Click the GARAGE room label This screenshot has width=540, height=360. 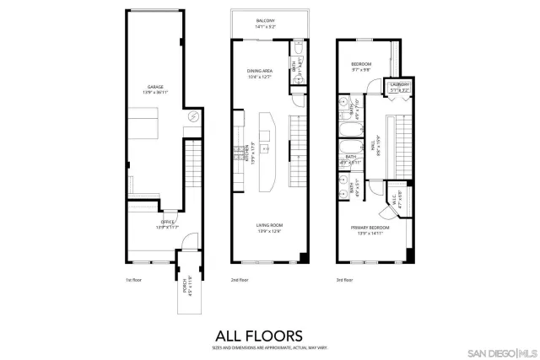[155, 88]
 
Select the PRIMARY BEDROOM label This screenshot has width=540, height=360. [373, 228]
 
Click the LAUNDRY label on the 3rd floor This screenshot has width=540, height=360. [398, 86]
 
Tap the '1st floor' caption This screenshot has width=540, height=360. [132, 279]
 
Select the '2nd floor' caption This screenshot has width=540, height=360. [240, 279]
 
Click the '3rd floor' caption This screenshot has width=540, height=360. [344, 279]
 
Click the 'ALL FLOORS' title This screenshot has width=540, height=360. [270, 334]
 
